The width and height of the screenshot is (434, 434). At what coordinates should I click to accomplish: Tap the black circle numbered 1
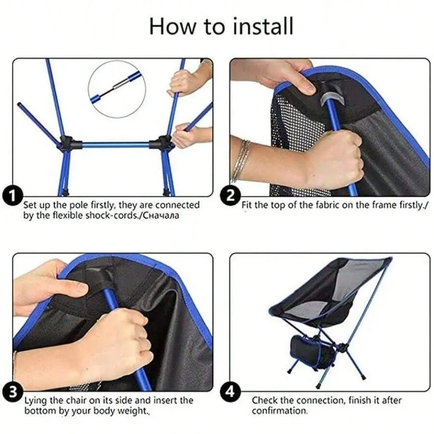click(13, 196)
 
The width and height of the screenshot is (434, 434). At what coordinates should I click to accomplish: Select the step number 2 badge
click(231, 195)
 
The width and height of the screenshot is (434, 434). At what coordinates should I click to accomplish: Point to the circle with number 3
click(13, 392)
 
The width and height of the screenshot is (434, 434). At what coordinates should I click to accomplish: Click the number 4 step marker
click(231, 392)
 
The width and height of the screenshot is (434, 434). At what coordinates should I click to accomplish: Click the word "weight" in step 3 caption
click(133, 411)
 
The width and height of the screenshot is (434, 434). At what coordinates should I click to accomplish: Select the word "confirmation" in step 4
click(279, 411)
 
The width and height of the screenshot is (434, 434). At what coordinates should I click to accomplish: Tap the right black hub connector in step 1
click(162, 143)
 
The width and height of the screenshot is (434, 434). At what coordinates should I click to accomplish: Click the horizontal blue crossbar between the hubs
click(116, 145)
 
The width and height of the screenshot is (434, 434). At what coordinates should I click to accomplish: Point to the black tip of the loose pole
click(19, 105)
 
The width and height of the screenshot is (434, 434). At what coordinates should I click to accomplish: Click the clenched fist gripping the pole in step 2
click(336, 159)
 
